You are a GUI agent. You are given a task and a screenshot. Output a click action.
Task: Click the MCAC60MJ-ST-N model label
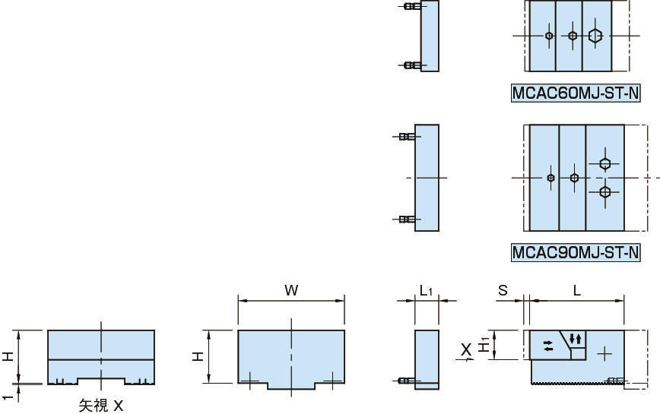576,93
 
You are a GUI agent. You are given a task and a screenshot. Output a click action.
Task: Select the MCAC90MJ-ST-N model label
576,251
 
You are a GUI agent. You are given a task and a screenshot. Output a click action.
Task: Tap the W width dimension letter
291,290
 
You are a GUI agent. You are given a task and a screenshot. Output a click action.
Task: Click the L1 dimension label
426,290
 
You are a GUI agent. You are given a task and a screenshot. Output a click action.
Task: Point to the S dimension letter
503,290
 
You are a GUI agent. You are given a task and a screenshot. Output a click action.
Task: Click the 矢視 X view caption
101,406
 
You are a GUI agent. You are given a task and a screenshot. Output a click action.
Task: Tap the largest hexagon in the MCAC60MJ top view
595,36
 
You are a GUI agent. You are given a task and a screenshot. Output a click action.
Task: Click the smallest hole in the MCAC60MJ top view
549,36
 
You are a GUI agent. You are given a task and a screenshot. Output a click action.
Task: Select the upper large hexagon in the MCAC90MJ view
604,163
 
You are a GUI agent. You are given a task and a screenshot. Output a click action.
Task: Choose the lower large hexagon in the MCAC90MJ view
604,191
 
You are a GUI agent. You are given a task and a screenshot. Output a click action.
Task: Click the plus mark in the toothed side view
604,353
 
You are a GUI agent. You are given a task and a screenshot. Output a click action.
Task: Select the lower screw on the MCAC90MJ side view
407,220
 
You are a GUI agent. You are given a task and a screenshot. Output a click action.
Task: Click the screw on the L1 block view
408,380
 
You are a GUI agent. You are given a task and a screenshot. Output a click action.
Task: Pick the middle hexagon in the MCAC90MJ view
574,178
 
